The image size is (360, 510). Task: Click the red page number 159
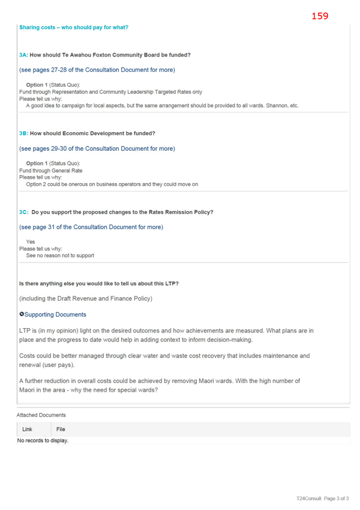coord(320,16)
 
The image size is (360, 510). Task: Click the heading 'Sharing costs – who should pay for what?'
coord(74,28)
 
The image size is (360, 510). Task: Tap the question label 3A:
coord(24,55)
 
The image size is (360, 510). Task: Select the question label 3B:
coord(24,133)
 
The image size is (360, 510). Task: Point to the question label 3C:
coord(24,212)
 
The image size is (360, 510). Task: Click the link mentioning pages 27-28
coord(97,70)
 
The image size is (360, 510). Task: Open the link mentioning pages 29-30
coord(97,149)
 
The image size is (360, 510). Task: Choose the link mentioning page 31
coord(91,227)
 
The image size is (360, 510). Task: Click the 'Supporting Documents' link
coord(55,315)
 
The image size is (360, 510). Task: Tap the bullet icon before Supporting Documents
coord(22,314)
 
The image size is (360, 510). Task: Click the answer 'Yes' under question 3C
coord(30,242)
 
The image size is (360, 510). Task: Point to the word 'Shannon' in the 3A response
coord(276,106)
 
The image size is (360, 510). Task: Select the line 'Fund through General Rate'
coord(51,171)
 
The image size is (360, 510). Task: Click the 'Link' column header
coord(27,429)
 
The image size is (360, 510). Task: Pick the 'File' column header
coord(61,429)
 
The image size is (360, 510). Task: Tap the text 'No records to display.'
coord(43,441)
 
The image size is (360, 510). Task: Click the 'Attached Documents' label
coord(41,415)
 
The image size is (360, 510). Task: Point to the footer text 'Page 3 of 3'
coord(336,498)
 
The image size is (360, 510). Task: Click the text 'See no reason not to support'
coord(60,256)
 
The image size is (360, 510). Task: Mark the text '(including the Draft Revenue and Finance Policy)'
coord(86,299)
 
